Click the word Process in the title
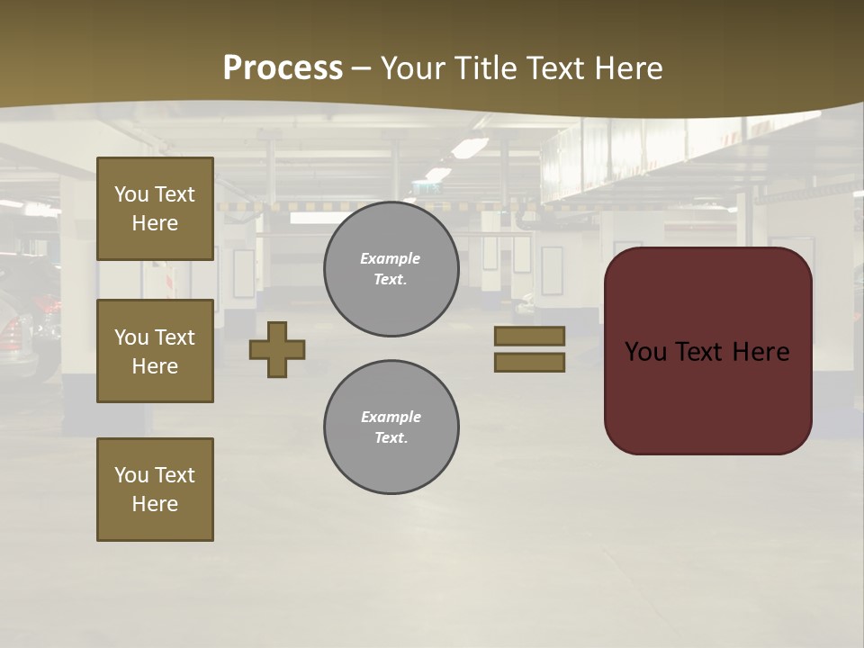coord(283,68)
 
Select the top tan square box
coord(155,209)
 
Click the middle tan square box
coord(155,351)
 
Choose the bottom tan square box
coord(155,490)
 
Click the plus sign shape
coord(277,349)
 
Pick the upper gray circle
coord(391,269)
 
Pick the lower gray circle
coord(391,427)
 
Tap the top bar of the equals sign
coord(529,337)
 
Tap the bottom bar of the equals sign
coord(529,362)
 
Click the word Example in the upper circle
coord(390,259)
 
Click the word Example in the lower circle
coord(391,418)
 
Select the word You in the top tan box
coord(131,194)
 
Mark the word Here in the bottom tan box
coord(155,504)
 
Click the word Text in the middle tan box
coord(175,337)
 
